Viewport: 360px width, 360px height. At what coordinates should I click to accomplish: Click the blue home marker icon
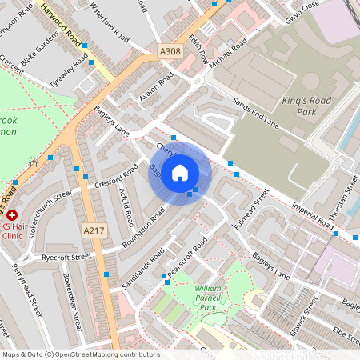coord(180,172)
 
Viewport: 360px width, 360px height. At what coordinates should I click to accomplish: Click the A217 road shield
coord(94,230)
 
